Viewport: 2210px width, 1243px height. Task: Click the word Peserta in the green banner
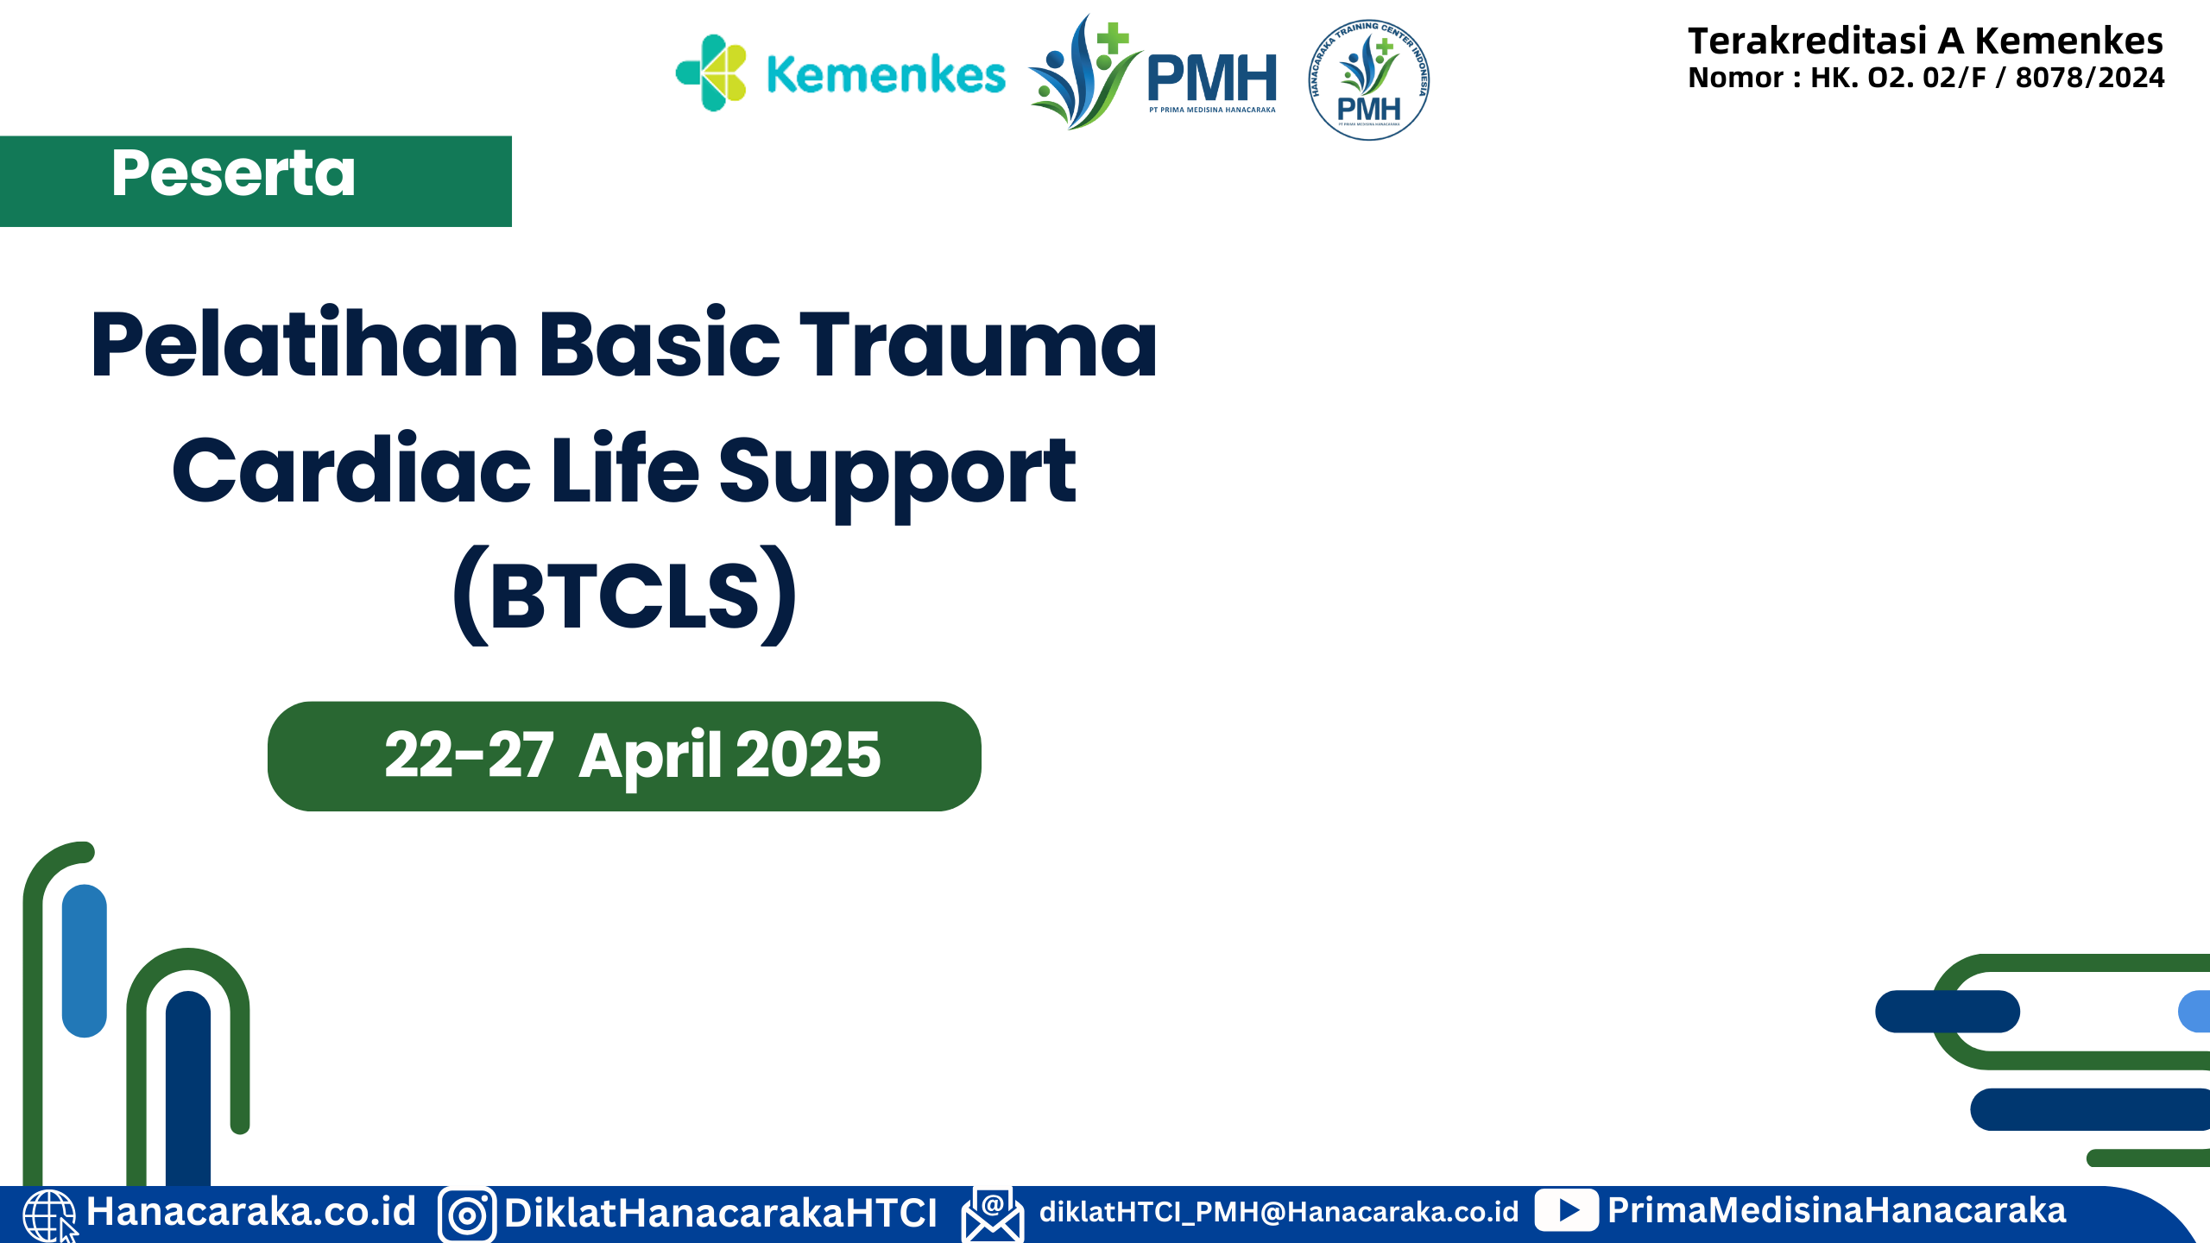[x=233, y=174]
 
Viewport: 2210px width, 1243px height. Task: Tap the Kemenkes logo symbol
[x=710, y=73]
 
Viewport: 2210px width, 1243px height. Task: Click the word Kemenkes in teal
[x=886, y=75]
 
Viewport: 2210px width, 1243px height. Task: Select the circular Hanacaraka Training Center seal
[x=1368, y=80]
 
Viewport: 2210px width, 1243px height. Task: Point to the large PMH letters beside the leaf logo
[x=1212, y=78]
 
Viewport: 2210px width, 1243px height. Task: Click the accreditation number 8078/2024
[x=2089, y=78]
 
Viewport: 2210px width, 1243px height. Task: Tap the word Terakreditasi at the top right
[x=1807, y=41]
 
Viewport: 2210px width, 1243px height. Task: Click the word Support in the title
[x=897, y=472]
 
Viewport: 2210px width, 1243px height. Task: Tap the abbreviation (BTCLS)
[x=625, y=596]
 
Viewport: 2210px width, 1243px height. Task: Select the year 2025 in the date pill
[x=808, y=755]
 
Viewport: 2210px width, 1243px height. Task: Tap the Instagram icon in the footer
[x=467, y=1215]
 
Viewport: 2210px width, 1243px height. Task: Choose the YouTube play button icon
[x=1567, y=1210]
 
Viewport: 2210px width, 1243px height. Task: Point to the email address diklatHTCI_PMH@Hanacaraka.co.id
[x=1279, y=1212]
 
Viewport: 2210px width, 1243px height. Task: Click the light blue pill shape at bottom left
[x=85, y=960]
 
